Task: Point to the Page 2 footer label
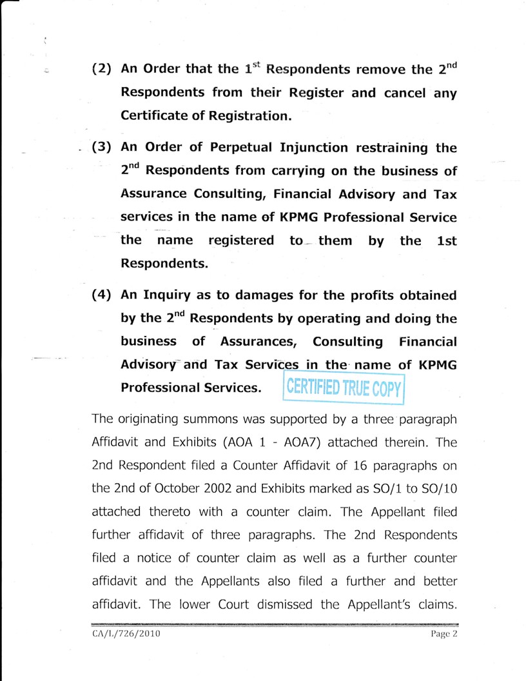tap(443, 633)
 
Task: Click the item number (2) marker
tap(104, 69)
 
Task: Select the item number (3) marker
tap(104, 146)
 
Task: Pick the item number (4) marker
tap(104, 295)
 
